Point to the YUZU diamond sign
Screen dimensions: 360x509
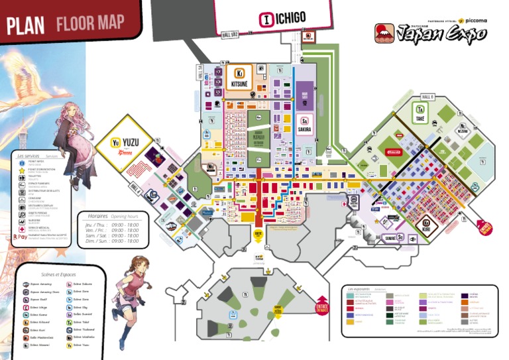click(124, 143)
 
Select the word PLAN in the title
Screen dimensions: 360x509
click(25, 26)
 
